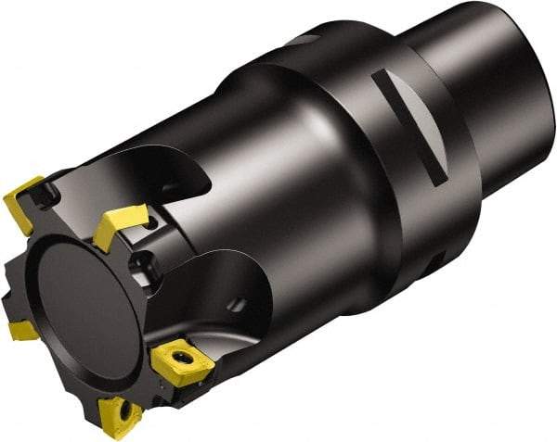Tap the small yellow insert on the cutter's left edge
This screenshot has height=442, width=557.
tap(21, 330)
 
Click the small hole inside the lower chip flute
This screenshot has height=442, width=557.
tap(240, 302)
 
